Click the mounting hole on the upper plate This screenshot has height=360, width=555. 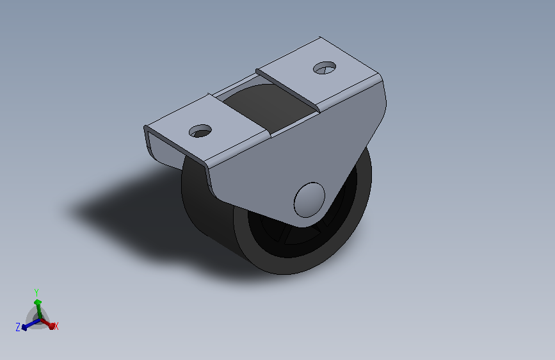click(x=325, y=68)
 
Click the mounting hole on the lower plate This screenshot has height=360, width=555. click(x=200, y=131)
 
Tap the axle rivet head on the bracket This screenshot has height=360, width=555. click(x=309, y=200)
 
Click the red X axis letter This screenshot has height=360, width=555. click(x=56, y=326)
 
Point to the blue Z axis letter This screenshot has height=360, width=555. click(x=18, y=327)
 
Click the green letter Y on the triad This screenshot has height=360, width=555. click(x=36, y=293)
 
